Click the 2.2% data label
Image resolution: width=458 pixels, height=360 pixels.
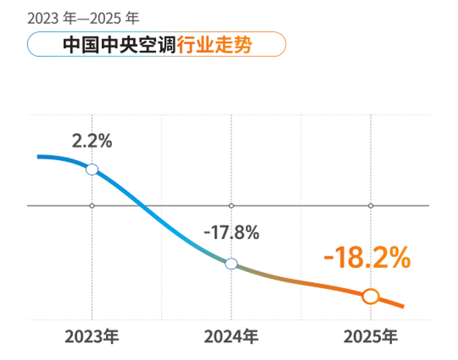point(92,142)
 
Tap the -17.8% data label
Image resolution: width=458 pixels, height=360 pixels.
point(231,232)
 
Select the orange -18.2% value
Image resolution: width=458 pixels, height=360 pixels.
point(367,258)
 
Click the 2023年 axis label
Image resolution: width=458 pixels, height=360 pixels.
point(92,337)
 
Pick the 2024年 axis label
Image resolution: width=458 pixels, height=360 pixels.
point(231,337)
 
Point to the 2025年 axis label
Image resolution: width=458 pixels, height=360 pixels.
point(371,337)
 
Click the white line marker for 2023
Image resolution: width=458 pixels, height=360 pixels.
point(92,169)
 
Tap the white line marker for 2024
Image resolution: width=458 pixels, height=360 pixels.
point(231,263)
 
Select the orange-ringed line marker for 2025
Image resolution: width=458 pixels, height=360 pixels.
point(371,296)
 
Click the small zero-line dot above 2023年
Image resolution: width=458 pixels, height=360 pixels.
point(92,205)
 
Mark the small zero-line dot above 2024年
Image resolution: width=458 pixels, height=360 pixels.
point(231,205)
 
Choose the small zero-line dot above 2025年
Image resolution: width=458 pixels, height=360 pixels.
point(371,205)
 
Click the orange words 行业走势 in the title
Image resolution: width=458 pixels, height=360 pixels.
point(214,45)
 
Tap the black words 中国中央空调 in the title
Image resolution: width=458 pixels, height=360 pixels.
point(119,45)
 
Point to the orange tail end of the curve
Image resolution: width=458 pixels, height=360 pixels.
point(402,306)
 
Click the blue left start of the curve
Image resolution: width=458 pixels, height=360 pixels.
point(40,157)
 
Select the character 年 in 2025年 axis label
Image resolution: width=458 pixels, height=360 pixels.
point(390,337)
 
